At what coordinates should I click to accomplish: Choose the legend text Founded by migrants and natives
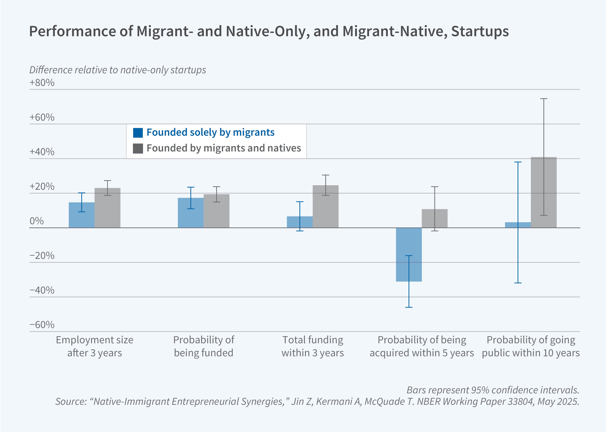pos(224,148)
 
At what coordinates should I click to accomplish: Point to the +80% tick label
pos(42,83)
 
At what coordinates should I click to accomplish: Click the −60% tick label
pos(42,325)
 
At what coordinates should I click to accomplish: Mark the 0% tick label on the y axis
pos(37,221)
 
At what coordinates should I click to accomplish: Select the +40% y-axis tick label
pos(42,152)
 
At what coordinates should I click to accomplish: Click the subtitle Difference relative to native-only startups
pos(117,70)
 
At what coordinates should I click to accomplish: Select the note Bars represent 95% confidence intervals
pos(493,390)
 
